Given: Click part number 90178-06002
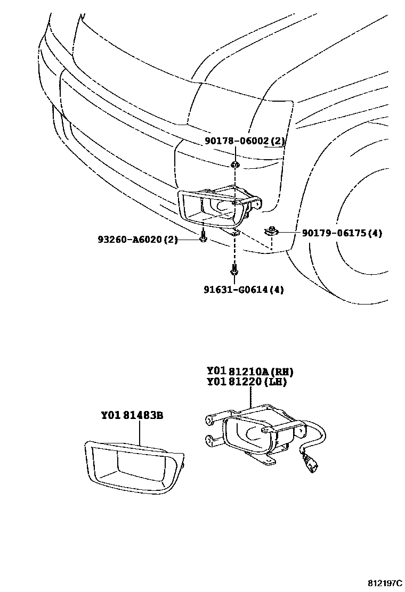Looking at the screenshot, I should click(x=237, y=141).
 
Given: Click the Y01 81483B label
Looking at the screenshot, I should click(x=131, y=415).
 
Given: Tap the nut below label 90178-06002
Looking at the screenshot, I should click(x=234, y=164).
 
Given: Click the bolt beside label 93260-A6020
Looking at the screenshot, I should click(x=203, y=239).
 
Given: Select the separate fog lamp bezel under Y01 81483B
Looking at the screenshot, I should click(x=133, y=466).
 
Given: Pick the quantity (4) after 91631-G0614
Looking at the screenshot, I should click(x=277, y=290).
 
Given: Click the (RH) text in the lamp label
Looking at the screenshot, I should click(x=282, y=372).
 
